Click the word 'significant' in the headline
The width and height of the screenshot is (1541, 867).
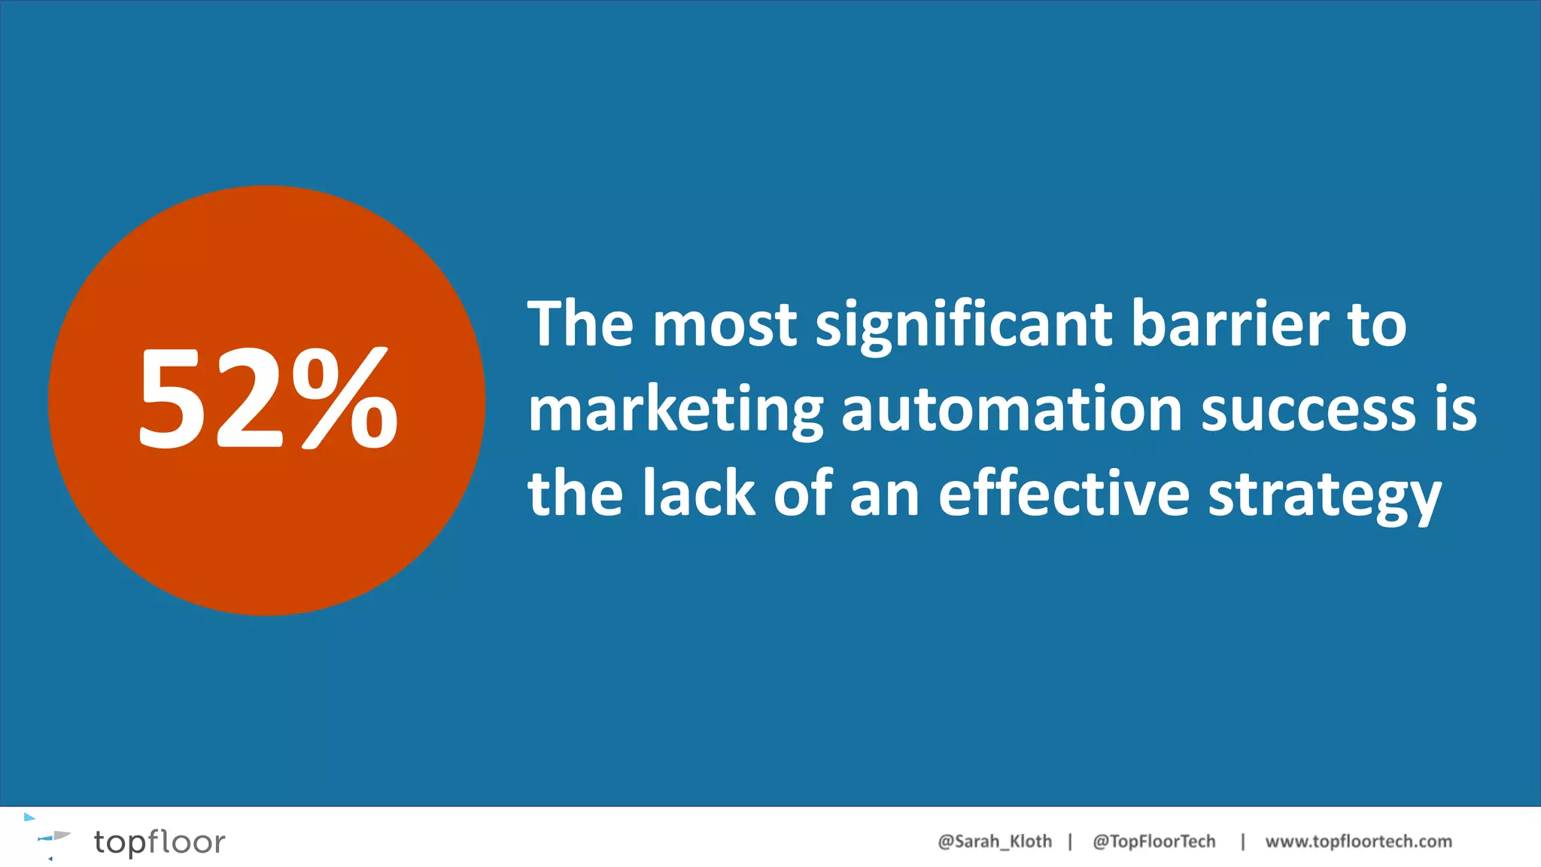click(x=964, y=325)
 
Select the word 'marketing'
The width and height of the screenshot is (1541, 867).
click(x=675, y=411)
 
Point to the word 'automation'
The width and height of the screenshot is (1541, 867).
click(x=1011, y=410)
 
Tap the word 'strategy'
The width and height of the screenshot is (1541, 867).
click(x=1324, y=497)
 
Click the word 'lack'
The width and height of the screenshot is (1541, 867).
click(x=698, y=494)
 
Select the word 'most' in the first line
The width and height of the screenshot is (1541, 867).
click(x=724, y=325)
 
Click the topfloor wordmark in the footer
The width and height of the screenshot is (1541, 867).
click(x=160, y=842)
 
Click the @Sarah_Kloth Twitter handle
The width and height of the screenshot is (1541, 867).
click(x=994, y=841)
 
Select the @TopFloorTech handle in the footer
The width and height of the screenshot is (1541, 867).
click(x=1153, y=841)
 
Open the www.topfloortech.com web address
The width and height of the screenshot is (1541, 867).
click(x=1358, y=841)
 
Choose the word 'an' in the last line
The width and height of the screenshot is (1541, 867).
click(x=884, y=495)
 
